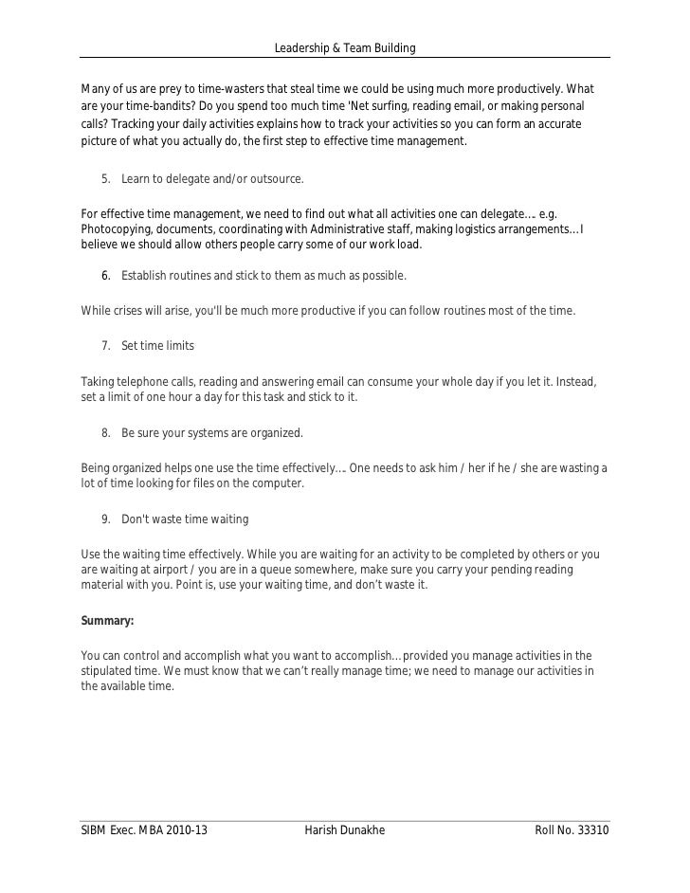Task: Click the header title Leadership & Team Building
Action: click(344, 48)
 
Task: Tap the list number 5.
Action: click(105, 179)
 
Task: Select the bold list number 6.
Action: click(105, 276)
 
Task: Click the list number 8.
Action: click(105, 433)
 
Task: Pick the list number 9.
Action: click(105, 519)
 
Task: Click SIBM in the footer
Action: click(97, 830)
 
